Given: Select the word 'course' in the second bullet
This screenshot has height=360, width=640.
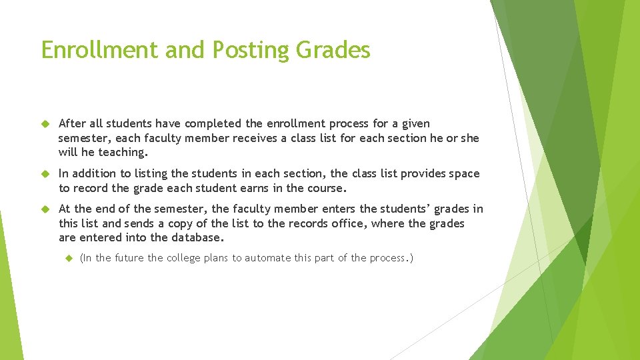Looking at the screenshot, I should [326, 188].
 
